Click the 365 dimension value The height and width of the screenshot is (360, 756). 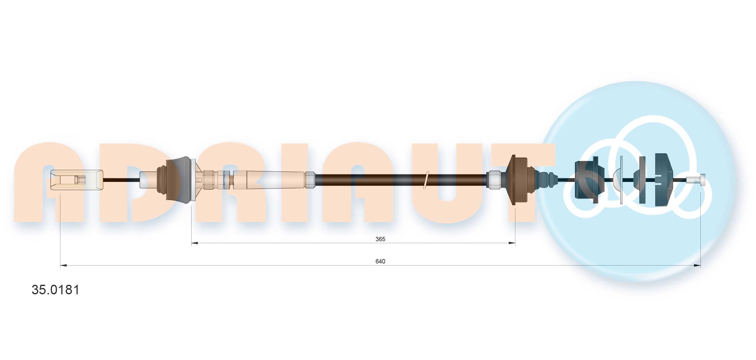click(380, 239)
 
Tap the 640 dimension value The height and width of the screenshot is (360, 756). click(380, 261)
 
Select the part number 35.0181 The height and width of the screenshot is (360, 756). click(56, 290)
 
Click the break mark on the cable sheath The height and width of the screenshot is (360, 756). click(426, 180)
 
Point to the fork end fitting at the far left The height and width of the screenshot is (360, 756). click(77, 180)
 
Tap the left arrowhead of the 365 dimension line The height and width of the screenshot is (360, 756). click(194, 243)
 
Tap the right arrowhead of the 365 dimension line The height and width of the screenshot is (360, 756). click(512, 243)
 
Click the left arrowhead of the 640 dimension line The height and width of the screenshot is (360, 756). click(63, 265)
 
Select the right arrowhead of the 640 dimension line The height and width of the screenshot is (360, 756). click(697, 265)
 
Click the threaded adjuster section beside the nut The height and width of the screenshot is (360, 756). click(232, 180)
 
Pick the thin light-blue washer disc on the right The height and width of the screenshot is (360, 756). click(621, 180)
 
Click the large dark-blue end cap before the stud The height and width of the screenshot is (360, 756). click(663, 180)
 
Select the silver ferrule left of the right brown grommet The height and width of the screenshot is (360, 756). click(493, 180)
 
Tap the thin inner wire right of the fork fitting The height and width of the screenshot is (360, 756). click(121, 180)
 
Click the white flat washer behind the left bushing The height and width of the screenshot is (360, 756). click(193, 180)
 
